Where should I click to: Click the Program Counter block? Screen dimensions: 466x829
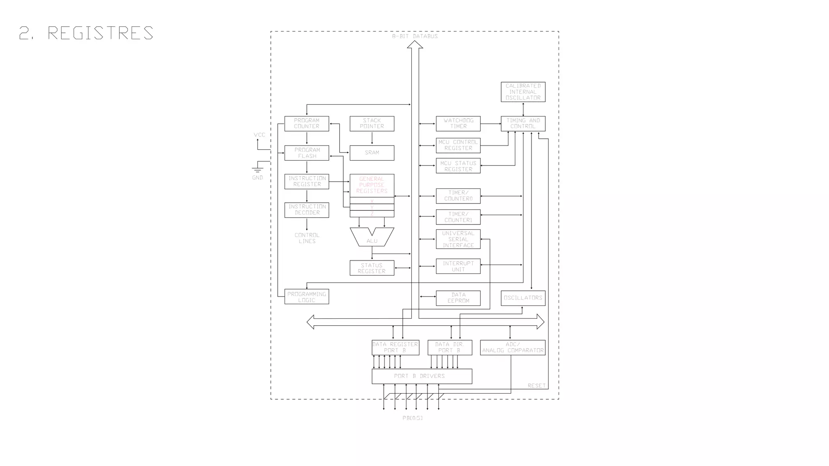click(x=306, y=123)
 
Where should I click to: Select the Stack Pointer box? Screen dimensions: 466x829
click(x=372, y=123)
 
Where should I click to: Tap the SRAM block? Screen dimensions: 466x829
click(x=372, y=153)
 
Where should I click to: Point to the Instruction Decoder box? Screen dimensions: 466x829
click(x=306, y=210)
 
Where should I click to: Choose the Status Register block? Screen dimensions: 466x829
click(x=372, y=268)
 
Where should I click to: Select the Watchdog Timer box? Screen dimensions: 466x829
click(x=458, y=123)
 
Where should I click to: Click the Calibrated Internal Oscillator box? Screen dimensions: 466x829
click(x=523, y=92)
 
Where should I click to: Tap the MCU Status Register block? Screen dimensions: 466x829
click(x=458, y=166)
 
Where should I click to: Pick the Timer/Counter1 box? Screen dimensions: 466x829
click(x=458, y=217)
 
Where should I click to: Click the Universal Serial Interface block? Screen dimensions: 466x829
click(x=458, y=239)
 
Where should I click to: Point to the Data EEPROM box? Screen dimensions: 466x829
click(x=458, y=298)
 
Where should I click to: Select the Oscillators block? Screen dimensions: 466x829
click(x=523, y=298)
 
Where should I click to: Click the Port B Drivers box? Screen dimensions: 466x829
click(x=421, y=376)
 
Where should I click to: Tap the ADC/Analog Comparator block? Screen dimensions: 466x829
click(x=512, y=347)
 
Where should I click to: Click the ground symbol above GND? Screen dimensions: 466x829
click(x=257, y=169)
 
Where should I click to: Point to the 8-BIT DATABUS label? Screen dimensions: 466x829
click(x=414, y=36)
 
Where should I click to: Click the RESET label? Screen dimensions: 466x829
click(x=536, y=386)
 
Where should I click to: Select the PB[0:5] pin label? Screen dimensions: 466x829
click(x=412, y=418)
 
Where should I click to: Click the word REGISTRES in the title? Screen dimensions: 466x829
click(x=100, y=33)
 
